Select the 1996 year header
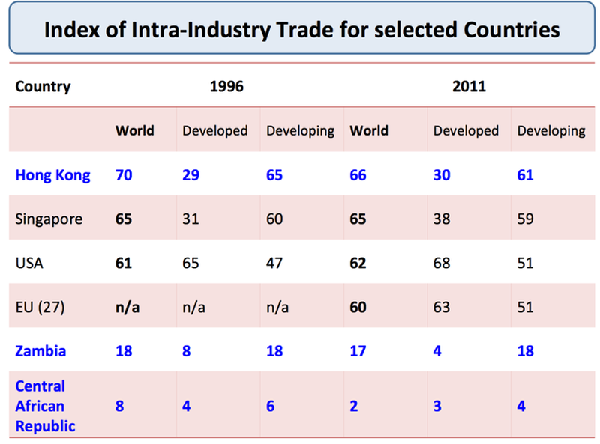[226, 86]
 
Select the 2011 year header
[469, 86]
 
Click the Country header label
[43, 86]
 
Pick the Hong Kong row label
[52, 175]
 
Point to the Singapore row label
[49, 219]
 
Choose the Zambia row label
[40, 350]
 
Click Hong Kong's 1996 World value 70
[124, 175]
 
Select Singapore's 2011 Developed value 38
[442, 219]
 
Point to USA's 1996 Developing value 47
[275, 264]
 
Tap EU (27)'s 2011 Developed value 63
[442, 307]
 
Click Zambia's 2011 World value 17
[358, 350]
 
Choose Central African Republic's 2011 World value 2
[354, 406]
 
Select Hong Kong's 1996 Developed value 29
[191, 175]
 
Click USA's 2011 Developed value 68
[442, 264]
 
